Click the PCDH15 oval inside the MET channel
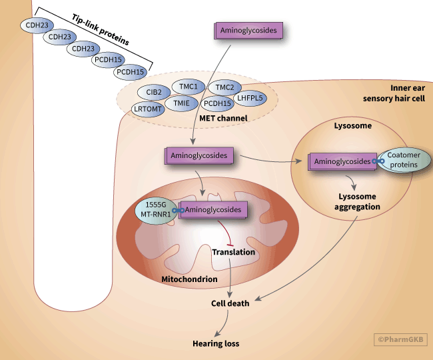pos(217,103)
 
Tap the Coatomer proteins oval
pos(405,161)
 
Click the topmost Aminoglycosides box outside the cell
pos(248,30)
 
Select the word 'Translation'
pos(233,252)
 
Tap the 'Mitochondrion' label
pos(190,279)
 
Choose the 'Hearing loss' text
pos(215,344)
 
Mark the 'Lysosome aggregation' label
pos(357,202)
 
